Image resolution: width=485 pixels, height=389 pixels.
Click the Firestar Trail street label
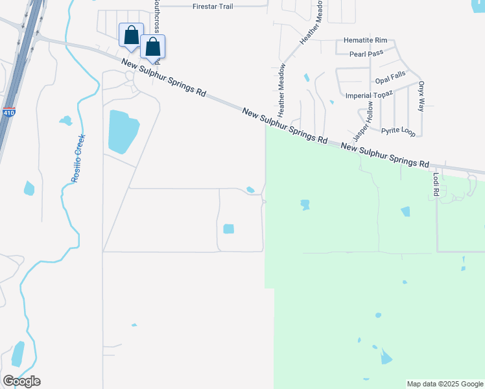(x=212, y=6)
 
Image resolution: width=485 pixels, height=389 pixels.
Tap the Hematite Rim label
(x=365, y=40)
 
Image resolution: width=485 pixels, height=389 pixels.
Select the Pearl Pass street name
(x=368, y=55)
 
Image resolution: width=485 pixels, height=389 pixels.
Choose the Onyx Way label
(x=421, y=96)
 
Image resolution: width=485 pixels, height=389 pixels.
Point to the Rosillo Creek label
(x=78, y=158)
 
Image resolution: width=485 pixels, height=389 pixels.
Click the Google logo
(x=21, y=381)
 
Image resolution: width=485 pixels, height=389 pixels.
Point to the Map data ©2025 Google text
(x=444, y=384)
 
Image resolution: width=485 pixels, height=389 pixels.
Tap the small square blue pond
(x=228, y=228)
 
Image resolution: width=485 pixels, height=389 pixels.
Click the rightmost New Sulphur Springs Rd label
(x=385, y=156)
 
